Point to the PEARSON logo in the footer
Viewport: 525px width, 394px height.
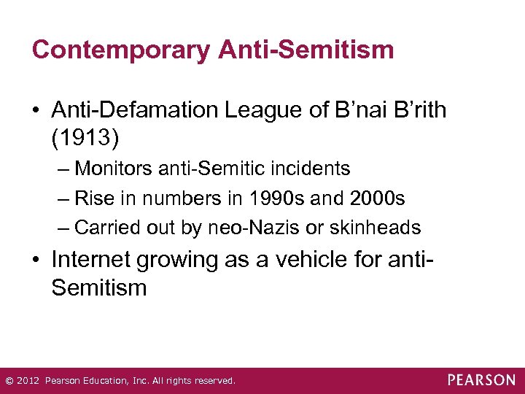[481, 380]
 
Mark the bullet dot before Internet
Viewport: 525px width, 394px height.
[36, 260]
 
